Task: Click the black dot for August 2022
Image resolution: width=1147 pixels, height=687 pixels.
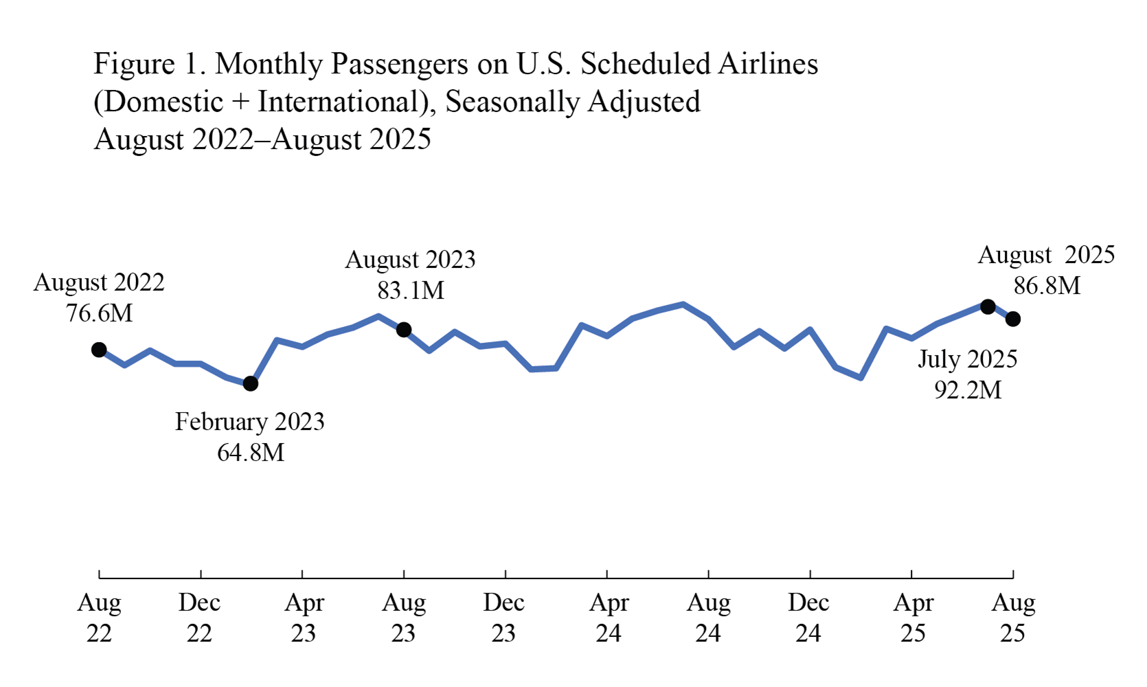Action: coord(99,350)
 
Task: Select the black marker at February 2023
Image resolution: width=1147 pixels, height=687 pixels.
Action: coord(251,383)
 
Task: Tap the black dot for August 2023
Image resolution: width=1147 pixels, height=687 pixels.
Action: coord(404,330)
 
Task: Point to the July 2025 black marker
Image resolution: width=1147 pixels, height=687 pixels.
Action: coord(988,306)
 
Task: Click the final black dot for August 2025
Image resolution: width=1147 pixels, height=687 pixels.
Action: coord(1013,319)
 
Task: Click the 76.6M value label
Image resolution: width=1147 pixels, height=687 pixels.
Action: coord(99,313)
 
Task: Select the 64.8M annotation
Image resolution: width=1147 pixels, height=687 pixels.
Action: coord(251,453)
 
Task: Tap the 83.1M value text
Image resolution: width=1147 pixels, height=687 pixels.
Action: coord(410,291)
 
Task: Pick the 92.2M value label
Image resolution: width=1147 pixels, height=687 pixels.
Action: coord(968,390)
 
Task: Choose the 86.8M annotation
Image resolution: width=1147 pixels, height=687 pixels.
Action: coord(1047,286)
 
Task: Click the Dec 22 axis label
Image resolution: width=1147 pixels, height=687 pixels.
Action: coord(199,618)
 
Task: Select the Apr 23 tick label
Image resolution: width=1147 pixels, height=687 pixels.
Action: coord(304,618)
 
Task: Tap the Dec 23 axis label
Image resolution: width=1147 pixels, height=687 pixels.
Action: coord(503,618)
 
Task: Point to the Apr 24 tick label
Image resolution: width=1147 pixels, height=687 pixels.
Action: coord(609,618)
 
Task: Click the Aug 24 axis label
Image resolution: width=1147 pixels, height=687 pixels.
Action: coord(708,618)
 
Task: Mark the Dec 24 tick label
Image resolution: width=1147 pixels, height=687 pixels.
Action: coord(808,618)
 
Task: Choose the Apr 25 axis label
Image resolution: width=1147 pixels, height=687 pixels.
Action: coord(913,618)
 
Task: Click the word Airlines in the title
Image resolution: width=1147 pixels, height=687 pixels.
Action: coord(768,64)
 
